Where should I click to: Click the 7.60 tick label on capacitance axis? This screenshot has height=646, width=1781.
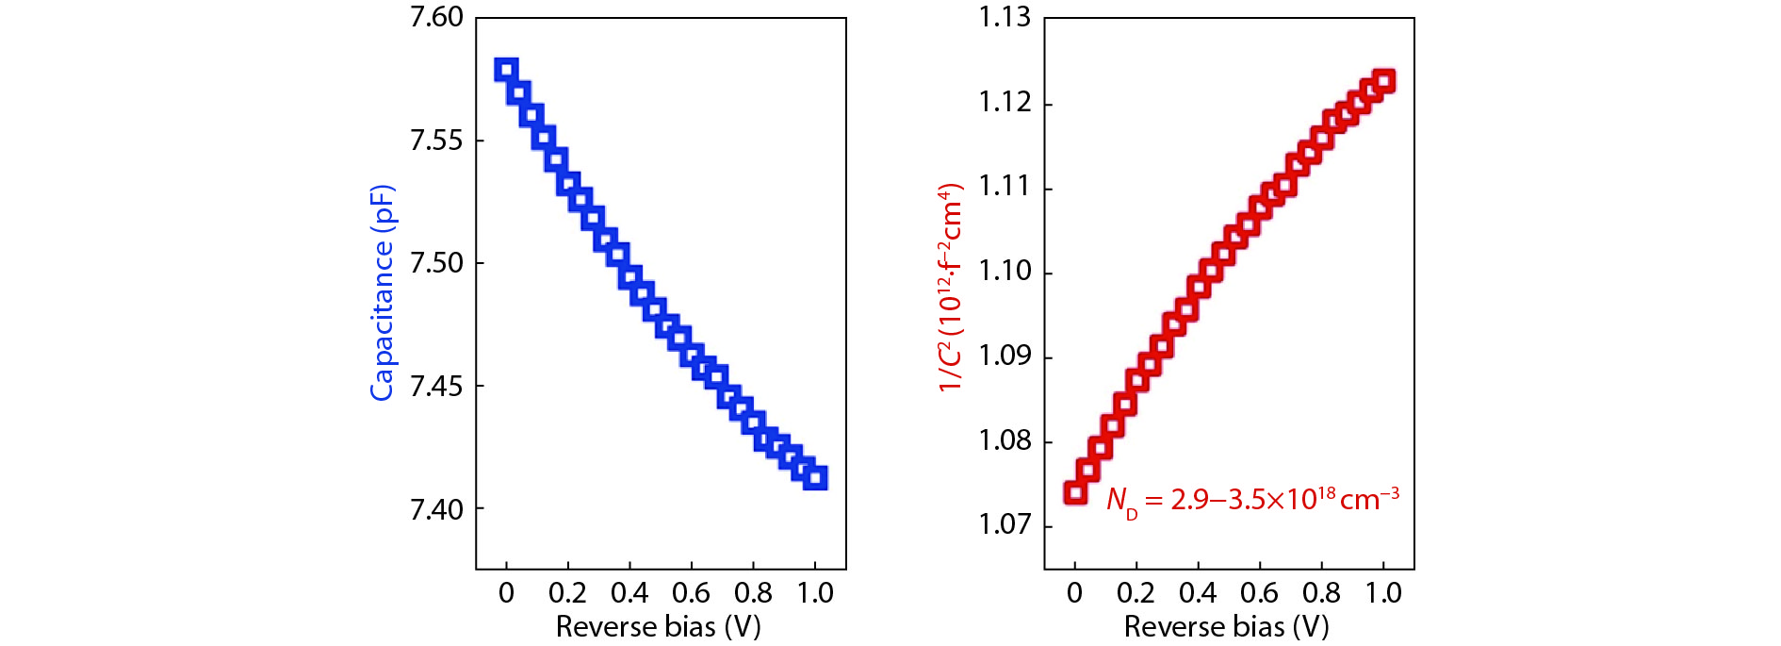[436, 18]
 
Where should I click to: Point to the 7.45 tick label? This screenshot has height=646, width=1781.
[436, 386]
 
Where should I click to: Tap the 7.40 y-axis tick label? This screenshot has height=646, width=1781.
[436, 509]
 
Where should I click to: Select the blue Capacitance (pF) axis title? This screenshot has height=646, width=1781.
[382, 292]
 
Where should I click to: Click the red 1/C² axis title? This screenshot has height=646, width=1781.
[950, 288]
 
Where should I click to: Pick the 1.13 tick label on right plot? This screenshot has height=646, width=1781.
[1005, 18]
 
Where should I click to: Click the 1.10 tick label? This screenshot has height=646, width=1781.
[1005, 272]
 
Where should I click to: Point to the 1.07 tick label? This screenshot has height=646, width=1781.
[1005, 524]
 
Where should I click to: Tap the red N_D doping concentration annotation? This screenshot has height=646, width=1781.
[1252, 500]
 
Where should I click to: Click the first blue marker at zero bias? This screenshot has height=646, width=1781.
[506, 70]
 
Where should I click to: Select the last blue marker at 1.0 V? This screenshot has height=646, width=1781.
[816, 477]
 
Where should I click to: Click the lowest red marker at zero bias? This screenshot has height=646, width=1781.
[1075, 492]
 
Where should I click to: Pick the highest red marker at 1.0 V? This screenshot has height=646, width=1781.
[1383, 80]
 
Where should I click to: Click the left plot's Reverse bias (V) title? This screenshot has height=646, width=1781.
[658, 626]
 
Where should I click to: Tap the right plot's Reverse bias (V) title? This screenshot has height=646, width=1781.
[1226, 626]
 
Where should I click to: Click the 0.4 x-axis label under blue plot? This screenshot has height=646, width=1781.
[629, 593]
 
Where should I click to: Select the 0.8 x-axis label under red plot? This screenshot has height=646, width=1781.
[1321, 593]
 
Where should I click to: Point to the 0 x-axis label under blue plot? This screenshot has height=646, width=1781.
[506, 593]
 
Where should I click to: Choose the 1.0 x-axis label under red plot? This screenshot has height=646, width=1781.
[1383, 593]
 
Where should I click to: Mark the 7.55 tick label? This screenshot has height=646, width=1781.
[436, 141]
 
